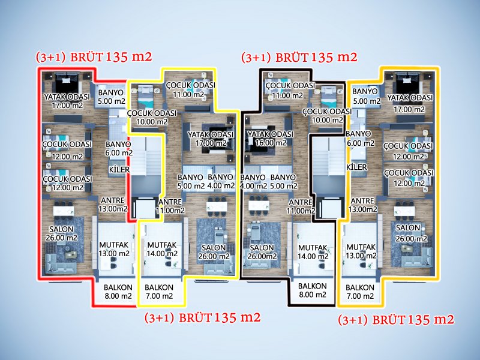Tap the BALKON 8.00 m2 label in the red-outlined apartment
coord(118,291)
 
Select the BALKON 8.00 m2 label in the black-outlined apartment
coord(312,290)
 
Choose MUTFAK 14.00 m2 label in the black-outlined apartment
coord(312,252)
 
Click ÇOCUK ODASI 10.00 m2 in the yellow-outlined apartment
coord(151,117)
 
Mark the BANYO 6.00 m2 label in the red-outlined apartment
coord(118,148)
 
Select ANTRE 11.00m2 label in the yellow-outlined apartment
coord(170,206)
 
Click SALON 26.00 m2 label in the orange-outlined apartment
coord(408,233)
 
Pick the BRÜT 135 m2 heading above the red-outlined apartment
coord(111,58)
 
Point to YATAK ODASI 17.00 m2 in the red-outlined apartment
coord(67,101)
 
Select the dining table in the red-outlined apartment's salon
coord(63,209)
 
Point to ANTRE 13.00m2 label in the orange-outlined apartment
coord(364,205)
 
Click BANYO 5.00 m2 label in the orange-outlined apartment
coord(365,97)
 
